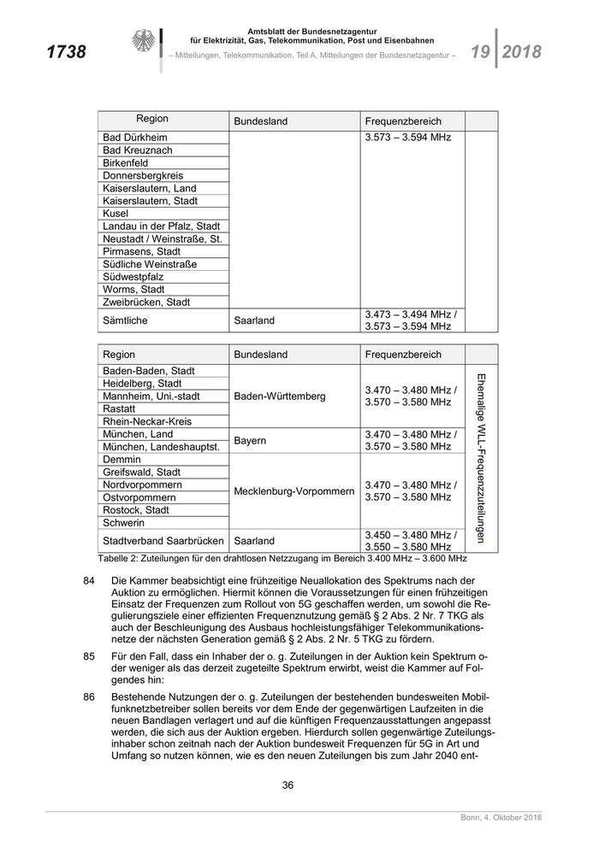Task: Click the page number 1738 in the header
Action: click(x=66, y=53)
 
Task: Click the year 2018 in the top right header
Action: click(x=521, y=52)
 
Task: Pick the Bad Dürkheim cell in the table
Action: click(x=135, y=138)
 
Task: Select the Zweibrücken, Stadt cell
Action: click(x=146, y=302)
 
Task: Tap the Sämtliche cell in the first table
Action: click(x=126, y=320)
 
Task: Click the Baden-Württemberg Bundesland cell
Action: click(x=280, y=397)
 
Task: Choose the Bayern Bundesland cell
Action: click(x=251, y=441)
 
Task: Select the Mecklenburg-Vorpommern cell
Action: click(x=294, y=491)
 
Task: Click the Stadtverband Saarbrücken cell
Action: click(x=163, y=541)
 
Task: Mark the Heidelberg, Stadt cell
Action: click(x=142, y=384)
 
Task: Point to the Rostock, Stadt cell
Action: click(x=136, y=510)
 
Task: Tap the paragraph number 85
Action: click(x=89, y=656)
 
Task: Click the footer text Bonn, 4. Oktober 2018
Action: click(x=496, y=820)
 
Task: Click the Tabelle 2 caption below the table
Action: click(x=282, y=558)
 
